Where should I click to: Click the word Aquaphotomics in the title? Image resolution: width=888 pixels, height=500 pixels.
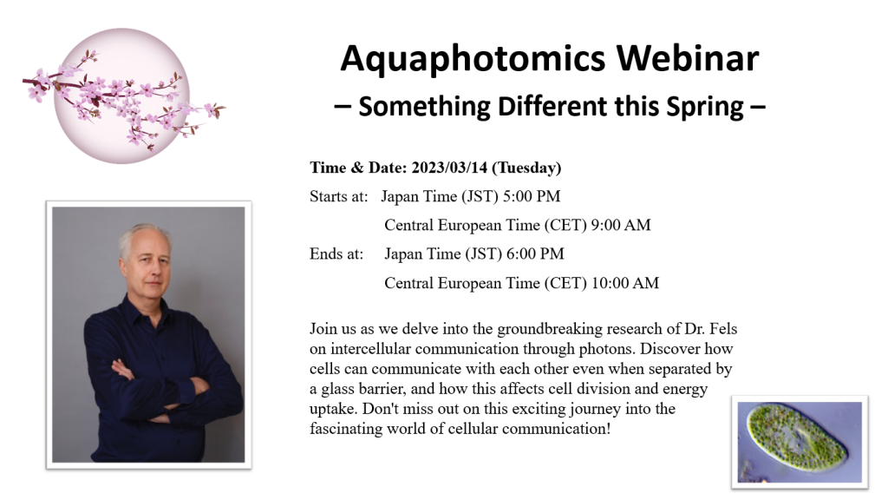[473, 59]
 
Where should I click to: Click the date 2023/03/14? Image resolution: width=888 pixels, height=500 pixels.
[449, 168]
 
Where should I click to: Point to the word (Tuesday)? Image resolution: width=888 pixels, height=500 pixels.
[526, 168]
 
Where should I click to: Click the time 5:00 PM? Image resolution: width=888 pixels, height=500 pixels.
[532, 196]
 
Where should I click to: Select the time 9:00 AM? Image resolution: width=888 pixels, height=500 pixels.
[621, 225]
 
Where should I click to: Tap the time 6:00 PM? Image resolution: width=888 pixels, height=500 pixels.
[535, 253]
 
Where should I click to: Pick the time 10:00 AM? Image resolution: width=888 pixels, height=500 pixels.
[625, 283]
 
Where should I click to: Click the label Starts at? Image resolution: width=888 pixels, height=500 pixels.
[339, 196]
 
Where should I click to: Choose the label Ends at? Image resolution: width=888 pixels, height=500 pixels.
[336, 253]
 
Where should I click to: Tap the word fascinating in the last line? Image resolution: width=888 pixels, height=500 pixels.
[346, 429]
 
